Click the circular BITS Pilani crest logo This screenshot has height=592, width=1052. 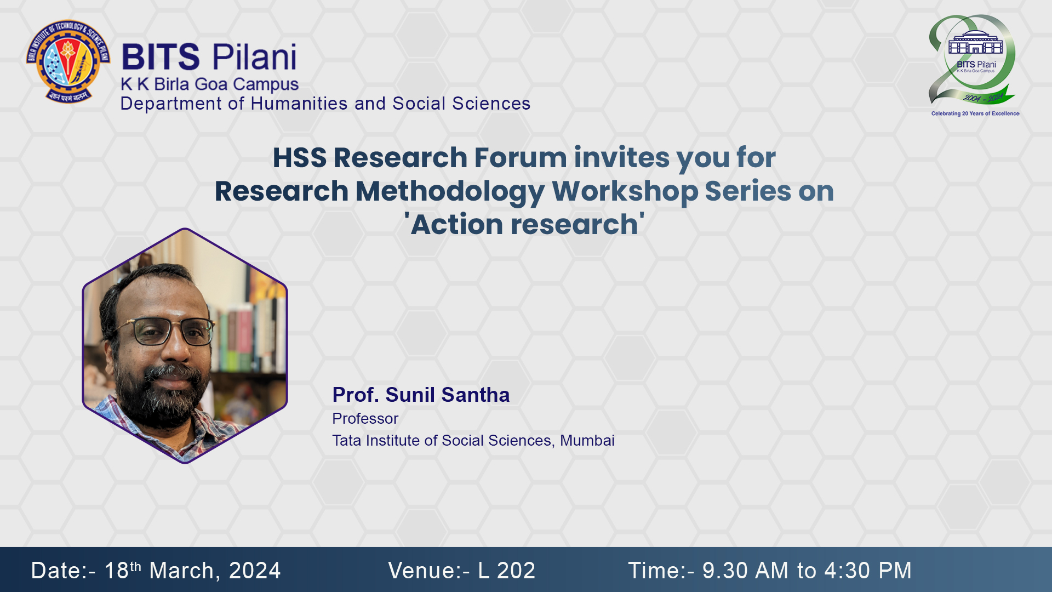point(68,61)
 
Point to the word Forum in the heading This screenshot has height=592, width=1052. point(521,158)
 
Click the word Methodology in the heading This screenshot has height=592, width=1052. point(450,191)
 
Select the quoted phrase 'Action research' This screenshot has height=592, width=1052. point(524,224)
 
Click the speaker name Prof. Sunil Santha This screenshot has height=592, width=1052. point(421,395)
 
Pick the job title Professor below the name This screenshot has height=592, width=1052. point(365,419)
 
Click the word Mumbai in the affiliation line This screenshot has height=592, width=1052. point(587,441)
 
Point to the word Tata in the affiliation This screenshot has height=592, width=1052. point(347,441)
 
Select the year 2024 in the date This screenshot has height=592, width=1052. point(255,571)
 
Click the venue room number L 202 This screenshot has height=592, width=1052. point(506,571)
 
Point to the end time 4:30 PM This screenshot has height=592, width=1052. point(868,571)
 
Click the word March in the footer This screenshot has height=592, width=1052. point(181,571)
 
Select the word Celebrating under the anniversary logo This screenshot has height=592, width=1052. point(946,113)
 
